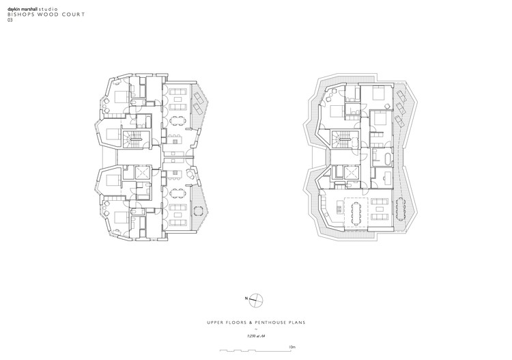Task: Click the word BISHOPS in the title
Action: click(x=19, y=13)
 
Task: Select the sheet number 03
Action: click(x=10, y=20)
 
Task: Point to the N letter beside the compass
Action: click(x=244, y=299)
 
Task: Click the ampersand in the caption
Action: click(x=244, y=322)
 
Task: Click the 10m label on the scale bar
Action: click(x=292, y=347)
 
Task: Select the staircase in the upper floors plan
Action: click(x=130, y=141)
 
